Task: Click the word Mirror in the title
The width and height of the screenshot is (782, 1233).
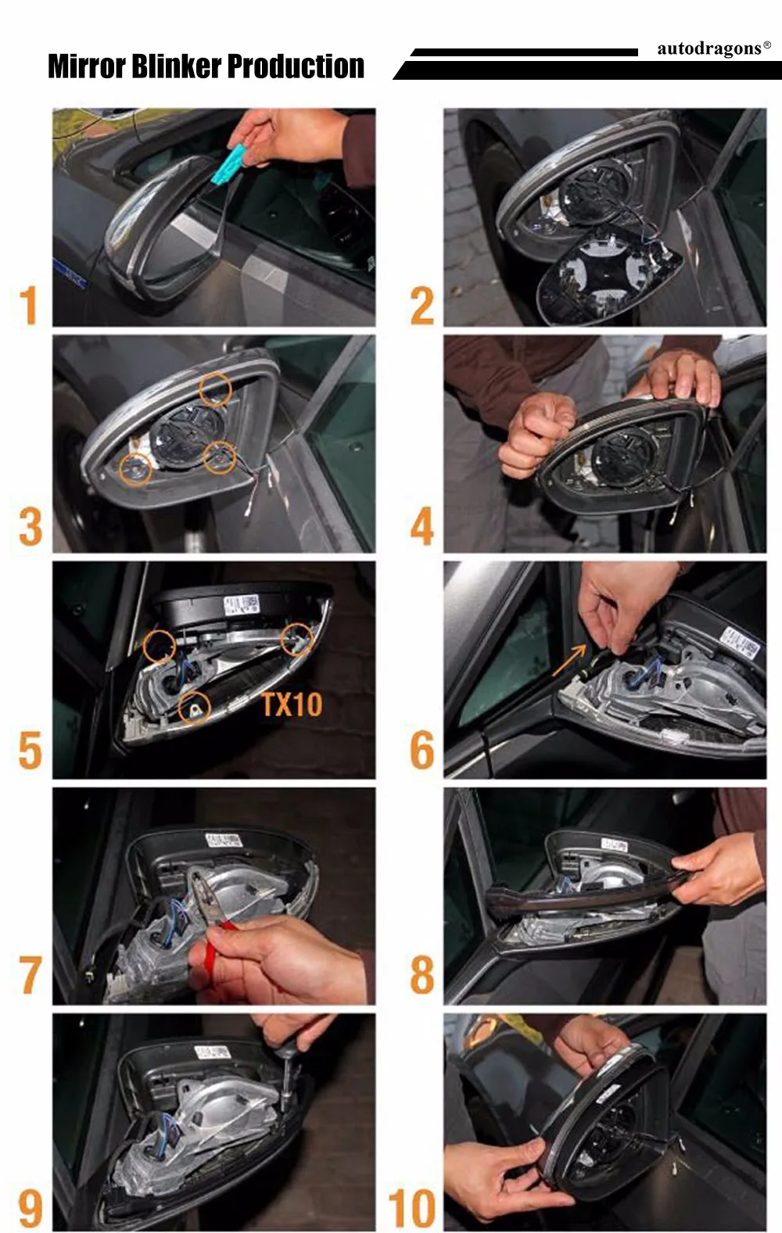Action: (x=87, y=66)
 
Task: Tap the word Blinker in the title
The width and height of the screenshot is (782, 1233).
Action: (x=177, y=66)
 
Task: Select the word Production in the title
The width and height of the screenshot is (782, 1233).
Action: (x=296, y=66)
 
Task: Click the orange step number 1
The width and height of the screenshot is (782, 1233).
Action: (x=28, y=305)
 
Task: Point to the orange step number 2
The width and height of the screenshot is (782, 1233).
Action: (x=421, y=305)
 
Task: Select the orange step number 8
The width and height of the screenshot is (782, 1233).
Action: (x=421, y=975)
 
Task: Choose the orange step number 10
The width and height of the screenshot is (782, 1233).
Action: (x=412, y=1207)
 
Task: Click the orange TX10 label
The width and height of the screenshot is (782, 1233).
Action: (x=292, y=704)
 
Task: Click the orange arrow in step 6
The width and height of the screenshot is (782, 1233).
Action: (x=569, y=661)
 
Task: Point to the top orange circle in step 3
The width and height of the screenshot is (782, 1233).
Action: (x=215, y=389)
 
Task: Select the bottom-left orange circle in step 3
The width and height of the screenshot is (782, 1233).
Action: (x=135, y=470)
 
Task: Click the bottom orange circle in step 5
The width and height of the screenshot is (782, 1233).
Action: (x=195, y=708)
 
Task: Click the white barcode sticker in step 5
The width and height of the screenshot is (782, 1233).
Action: (x=241, y=605)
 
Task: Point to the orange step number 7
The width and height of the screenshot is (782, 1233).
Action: (x=30, y=975)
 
